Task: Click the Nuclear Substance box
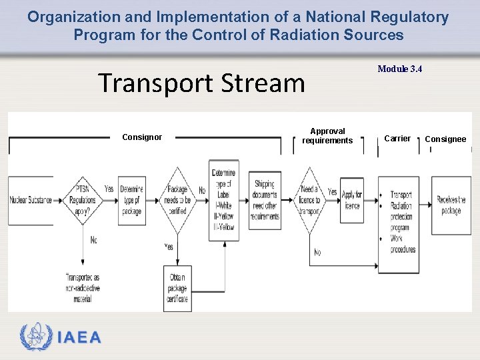[31, 201]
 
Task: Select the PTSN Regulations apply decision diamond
[83, 199]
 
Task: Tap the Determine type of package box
[132, 200]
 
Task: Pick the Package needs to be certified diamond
[177, 200]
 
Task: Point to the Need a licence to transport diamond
[309, 200]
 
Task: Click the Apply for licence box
[351, 200]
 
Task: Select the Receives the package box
[451, 205]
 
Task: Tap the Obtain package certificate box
[177, 288]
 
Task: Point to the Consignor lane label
[142, 137]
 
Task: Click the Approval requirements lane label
[327, 136]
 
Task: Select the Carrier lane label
[397, 139]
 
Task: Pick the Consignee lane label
[445, 139]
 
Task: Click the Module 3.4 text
[400, 69]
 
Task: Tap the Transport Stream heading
[201, 83]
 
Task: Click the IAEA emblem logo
[35, 337]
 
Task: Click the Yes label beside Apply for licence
[333, 191]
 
